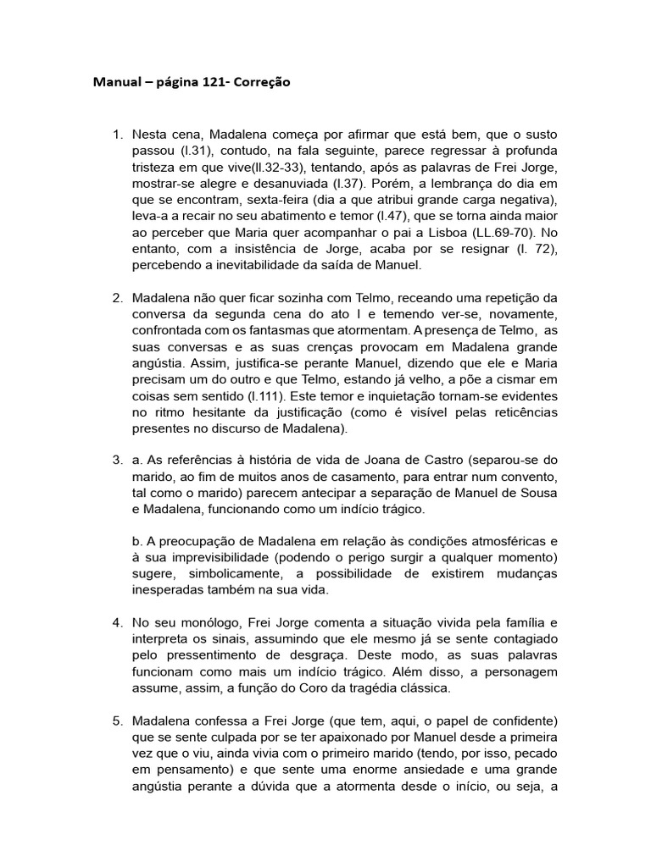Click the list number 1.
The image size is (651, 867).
pyautogui.click(x=117, y=135)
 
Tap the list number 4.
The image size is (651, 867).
pyautogui.click(x=117, y=622)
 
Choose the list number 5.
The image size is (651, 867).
pyautogui.click(x=117, y=721)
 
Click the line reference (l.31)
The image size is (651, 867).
pyautogui.click(x=192, y=152)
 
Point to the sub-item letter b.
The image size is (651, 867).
pyautogui.click(x=138, y=541)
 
